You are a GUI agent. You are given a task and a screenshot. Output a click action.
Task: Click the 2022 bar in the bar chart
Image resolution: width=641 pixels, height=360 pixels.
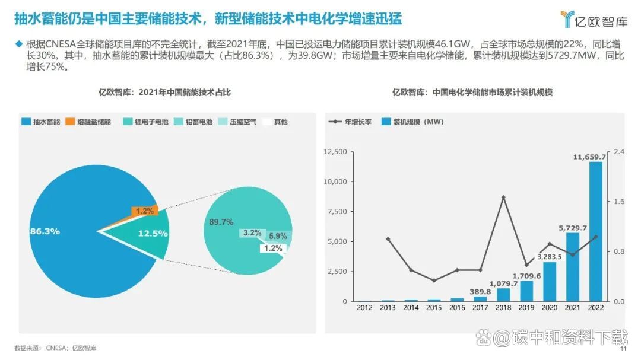(x=596, y=231)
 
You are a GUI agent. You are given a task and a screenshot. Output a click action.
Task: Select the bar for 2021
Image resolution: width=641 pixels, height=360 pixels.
(x=573, y=267)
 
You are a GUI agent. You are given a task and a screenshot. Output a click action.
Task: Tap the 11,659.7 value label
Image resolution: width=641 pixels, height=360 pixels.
(x=589, y=157)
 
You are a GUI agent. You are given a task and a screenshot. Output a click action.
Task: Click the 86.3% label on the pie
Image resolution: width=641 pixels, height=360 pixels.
(x=45, y=231)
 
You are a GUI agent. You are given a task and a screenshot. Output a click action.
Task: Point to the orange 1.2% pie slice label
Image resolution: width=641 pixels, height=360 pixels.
(x=145, y=211)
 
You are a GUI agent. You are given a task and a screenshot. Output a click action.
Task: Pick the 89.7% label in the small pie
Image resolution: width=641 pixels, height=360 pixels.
(x=221, y=222)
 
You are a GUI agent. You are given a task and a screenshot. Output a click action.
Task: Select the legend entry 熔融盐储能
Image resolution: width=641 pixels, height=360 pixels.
(x=90, y=122)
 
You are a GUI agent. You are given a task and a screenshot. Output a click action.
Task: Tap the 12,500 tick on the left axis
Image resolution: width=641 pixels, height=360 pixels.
(x=336, y=152)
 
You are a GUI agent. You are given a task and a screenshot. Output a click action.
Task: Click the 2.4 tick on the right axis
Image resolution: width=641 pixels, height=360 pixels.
(x=619, y=152)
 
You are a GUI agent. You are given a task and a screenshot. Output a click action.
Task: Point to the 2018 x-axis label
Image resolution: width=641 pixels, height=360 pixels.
(x=503, y=307)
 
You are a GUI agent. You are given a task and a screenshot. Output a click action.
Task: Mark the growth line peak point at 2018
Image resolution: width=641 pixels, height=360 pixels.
(x=503, y=197)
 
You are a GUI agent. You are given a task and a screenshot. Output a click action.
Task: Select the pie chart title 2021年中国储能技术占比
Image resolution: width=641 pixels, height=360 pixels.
(x=164, y=92)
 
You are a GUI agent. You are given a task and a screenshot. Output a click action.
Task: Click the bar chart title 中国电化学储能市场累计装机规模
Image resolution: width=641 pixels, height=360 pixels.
(x=472, y=92)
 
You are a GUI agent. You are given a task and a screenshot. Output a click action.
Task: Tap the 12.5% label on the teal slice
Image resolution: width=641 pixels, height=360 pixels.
(x=153, y=234)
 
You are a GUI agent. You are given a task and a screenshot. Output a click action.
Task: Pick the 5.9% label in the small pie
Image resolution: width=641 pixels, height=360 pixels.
(x=278, y=236)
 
